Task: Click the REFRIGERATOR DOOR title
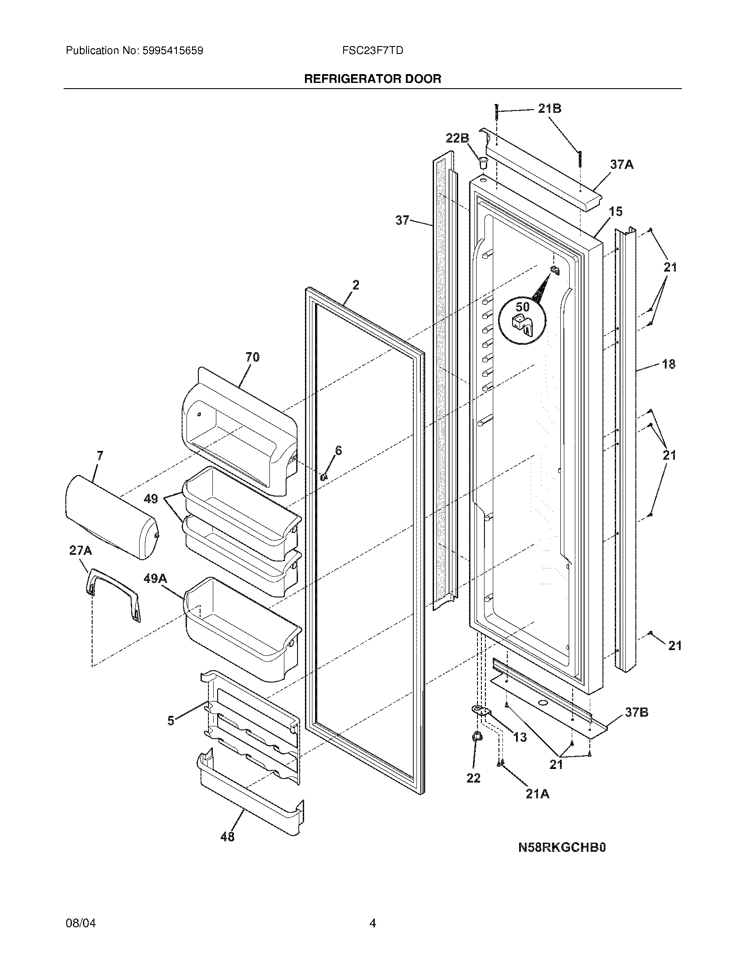[372, 79]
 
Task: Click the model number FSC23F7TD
[372, 51]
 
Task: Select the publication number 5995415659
[172, 51]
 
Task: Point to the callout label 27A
[80, 550]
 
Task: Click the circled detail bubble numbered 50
[522, 318]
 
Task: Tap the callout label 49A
[155, 579]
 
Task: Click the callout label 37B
[636, 712]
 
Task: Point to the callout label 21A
[538, 794]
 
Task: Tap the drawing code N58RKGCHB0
[562, 847]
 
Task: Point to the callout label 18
[668, 364]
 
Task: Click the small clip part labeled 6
[323, 476]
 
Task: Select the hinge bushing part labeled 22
[477, 736]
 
